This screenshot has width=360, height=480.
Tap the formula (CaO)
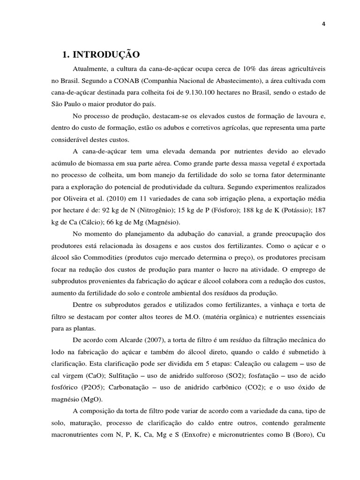point(97,375)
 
